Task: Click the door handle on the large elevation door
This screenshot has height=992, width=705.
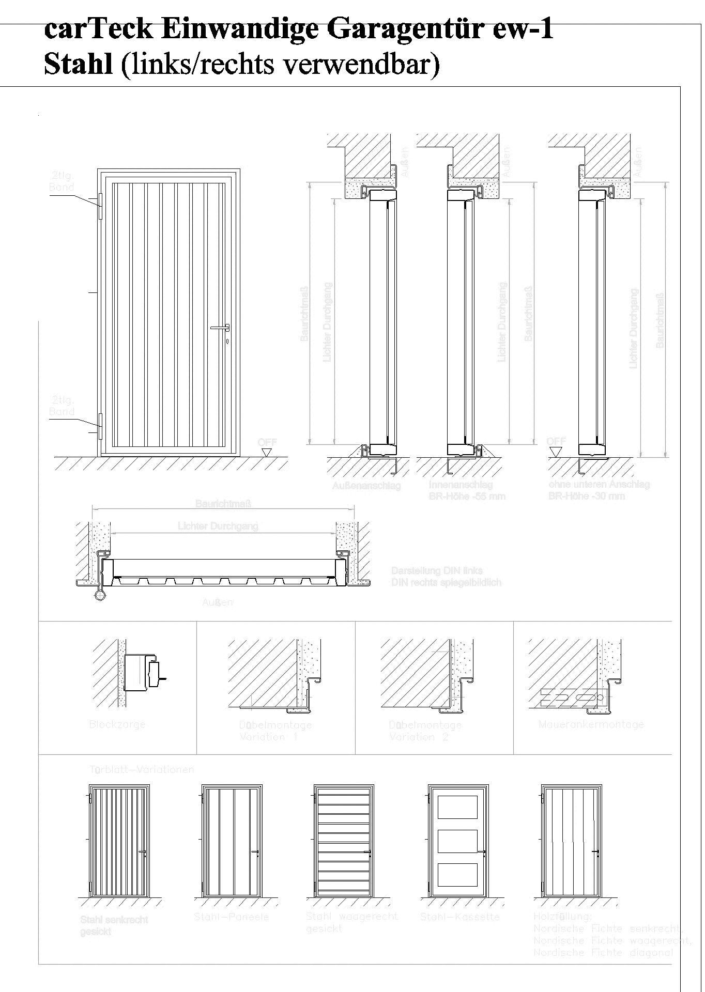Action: point(220,327)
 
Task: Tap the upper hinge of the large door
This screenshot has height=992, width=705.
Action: point(101,206)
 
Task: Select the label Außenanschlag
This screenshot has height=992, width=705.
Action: point(366,486)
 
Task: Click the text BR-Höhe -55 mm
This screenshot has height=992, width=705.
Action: point(467,497)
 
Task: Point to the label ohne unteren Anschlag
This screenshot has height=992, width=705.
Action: point(599,485)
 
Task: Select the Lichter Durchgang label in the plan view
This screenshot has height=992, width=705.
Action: point(218,526)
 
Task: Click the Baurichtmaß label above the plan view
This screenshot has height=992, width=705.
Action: point(223,503)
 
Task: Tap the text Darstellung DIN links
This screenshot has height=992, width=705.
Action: point(437,571)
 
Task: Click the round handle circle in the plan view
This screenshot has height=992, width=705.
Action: point(100,595)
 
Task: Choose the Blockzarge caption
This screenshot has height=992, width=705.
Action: point(117,724)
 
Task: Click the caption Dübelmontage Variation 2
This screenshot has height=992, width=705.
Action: point(425,731)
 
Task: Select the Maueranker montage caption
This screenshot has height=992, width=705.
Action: point(591,724)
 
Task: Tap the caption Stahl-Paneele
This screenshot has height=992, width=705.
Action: point(231,917)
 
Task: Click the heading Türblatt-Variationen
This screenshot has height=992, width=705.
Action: point(141,769)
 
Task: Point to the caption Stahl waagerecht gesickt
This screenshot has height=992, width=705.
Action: point(351,922)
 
